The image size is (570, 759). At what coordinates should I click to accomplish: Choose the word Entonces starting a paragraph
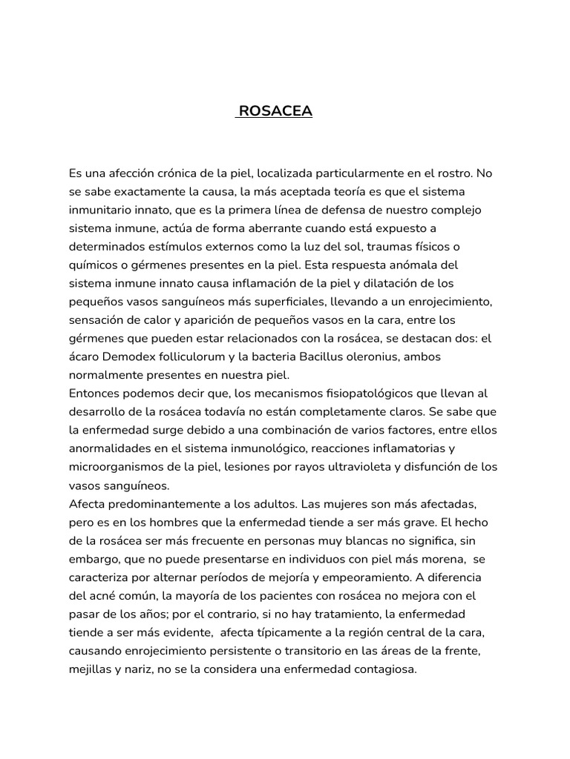(x=94, y=393)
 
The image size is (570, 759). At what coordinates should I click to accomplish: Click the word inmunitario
(x=100, y=210)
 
